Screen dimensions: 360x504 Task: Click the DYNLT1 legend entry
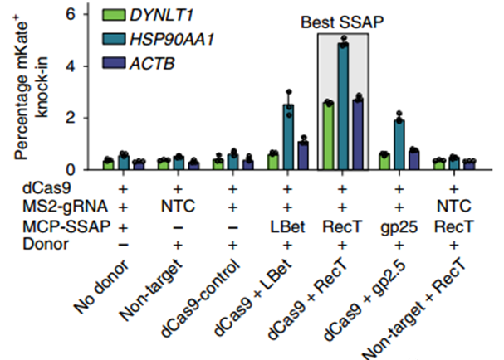[165, 15]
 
